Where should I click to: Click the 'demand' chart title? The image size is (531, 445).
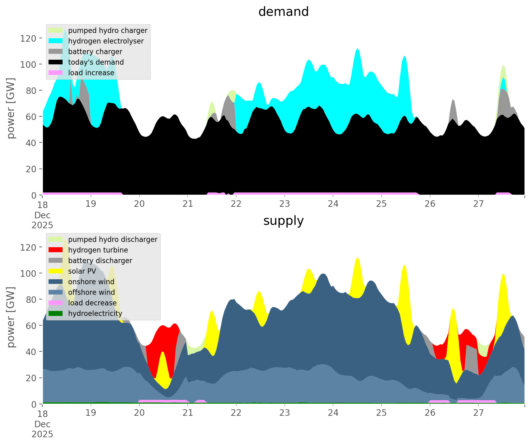[x=283, y=12]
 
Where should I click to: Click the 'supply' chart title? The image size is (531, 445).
[x=283, y=221]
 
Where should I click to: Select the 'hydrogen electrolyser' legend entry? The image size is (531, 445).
[x=106, y=41]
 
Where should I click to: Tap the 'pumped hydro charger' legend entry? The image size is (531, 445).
[x=108, y=30]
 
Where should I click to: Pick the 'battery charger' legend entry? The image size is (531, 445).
[x=95, y=52]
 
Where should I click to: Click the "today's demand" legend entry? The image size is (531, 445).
[x=96, y=62]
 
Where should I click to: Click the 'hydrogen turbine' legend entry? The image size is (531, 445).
[x=98, y=250]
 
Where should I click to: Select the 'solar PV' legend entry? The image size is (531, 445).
[x=82, y=271]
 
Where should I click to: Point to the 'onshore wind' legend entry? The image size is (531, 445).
[x=91, y=282]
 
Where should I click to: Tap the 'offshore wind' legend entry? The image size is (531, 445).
[x=92, y=292]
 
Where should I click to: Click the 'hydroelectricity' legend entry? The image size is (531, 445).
[x=95, y=313]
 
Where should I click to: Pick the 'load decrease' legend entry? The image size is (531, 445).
[x=92, y=303]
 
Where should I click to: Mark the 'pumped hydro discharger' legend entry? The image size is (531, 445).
[x=113, y=239]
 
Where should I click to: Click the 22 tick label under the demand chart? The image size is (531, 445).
[x=236, y=204]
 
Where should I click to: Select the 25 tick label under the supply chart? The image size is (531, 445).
[x=381, y=413]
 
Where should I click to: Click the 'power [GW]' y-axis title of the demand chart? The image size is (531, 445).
[x=11, y=108]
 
